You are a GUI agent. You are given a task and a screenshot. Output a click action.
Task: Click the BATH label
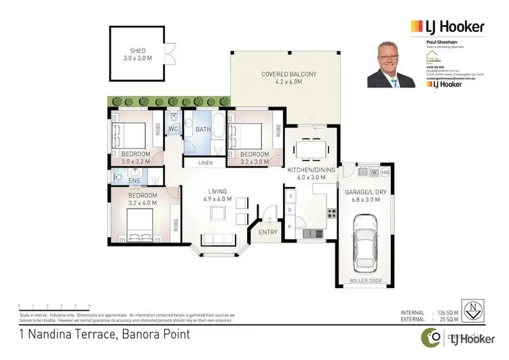coord(203,128)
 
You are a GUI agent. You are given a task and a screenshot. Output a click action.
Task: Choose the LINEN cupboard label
coord(207,163)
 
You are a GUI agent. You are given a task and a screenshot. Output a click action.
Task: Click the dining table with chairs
coord(312,147)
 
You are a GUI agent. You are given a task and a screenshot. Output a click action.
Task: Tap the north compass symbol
coord(473,309)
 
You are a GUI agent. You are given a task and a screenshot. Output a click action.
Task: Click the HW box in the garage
coord(385,173)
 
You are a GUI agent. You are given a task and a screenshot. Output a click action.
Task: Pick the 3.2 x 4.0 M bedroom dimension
coord(143,202)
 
